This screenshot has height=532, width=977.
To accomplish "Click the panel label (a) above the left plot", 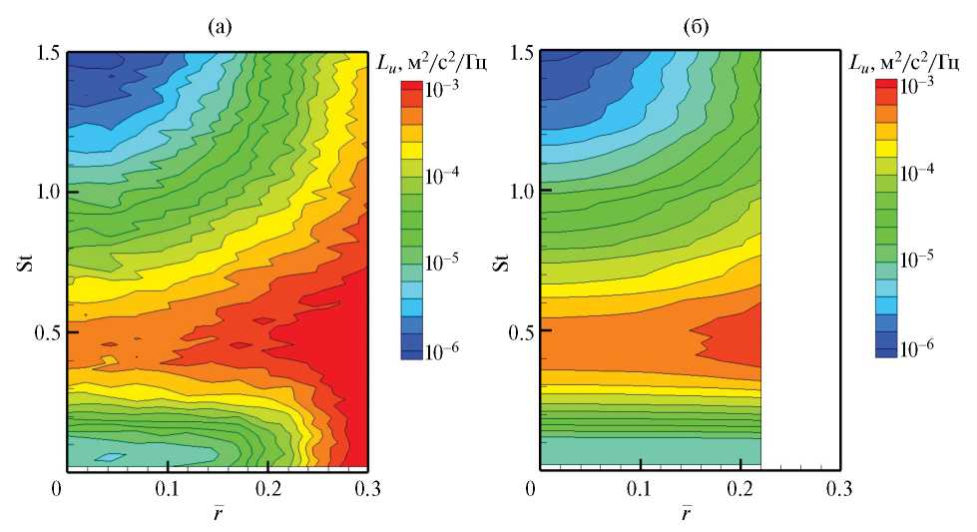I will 218,29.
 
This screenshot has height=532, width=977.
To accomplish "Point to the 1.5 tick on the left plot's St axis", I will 47,51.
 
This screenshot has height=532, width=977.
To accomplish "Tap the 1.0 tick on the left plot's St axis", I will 47,191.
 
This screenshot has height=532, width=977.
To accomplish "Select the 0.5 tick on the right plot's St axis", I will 519,330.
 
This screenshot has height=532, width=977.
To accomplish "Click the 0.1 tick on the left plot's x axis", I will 167,490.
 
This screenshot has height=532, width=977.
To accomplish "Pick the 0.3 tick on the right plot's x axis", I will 841,490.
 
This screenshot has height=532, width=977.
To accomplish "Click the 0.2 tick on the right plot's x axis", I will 741,490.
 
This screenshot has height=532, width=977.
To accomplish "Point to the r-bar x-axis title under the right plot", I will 689,513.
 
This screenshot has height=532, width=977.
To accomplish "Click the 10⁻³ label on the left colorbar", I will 443,88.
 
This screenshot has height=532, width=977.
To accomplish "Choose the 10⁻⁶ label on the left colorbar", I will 443,350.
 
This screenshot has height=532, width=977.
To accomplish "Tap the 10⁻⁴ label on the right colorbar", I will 917,173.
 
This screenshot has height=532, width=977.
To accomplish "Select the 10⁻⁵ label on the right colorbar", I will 917,261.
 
